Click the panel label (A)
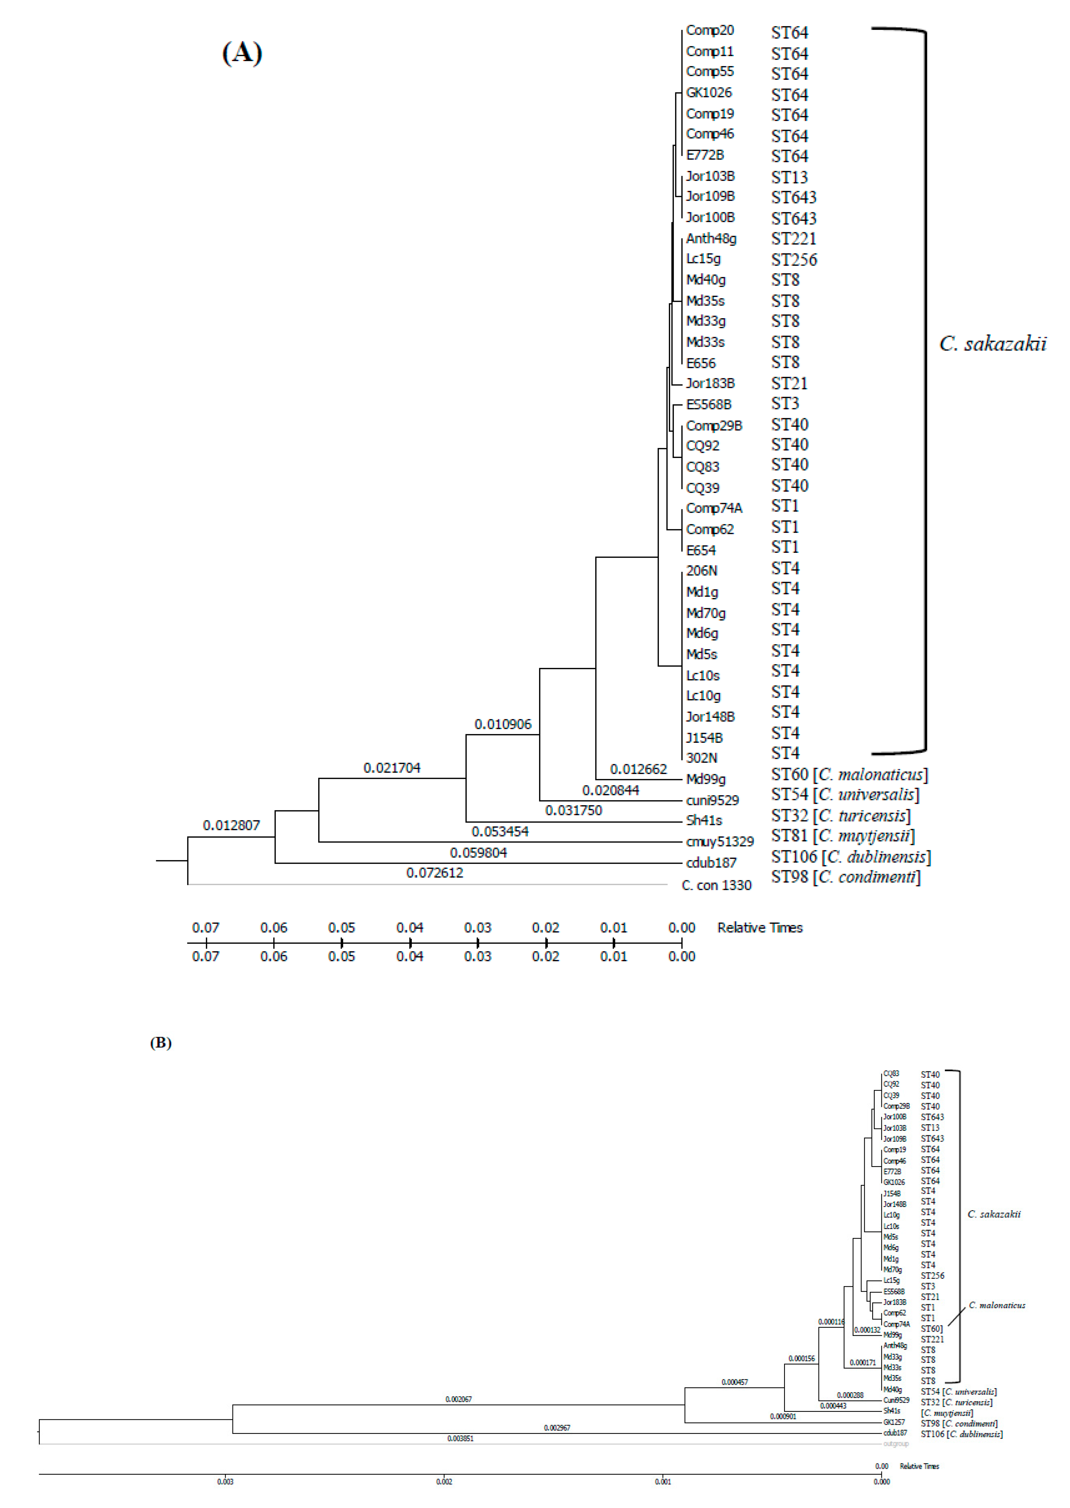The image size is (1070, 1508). pyautogui.click(x=242, y=53)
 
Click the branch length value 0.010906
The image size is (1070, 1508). pyautogui.click(x=503, y=725)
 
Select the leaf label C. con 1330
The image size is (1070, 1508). pyautogui.click(x=716, y=886)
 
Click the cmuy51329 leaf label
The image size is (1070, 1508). pyautogui.click(x=720, y=842)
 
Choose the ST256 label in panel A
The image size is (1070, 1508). pyautogui.click(x=794, y=260)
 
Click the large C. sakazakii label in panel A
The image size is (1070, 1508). pyautogui.click(x=992, y=344)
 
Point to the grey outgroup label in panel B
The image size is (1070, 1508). pyautogui.click(x=895, y=1444)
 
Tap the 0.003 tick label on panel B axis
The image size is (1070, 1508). pyautogui.click(x=225, y=1482)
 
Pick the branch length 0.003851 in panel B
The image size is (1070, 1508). pyautogui.click(x=460, y=1439)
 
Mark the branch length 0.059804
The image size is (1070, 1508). pyautogui.click(x=478, y=853)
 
